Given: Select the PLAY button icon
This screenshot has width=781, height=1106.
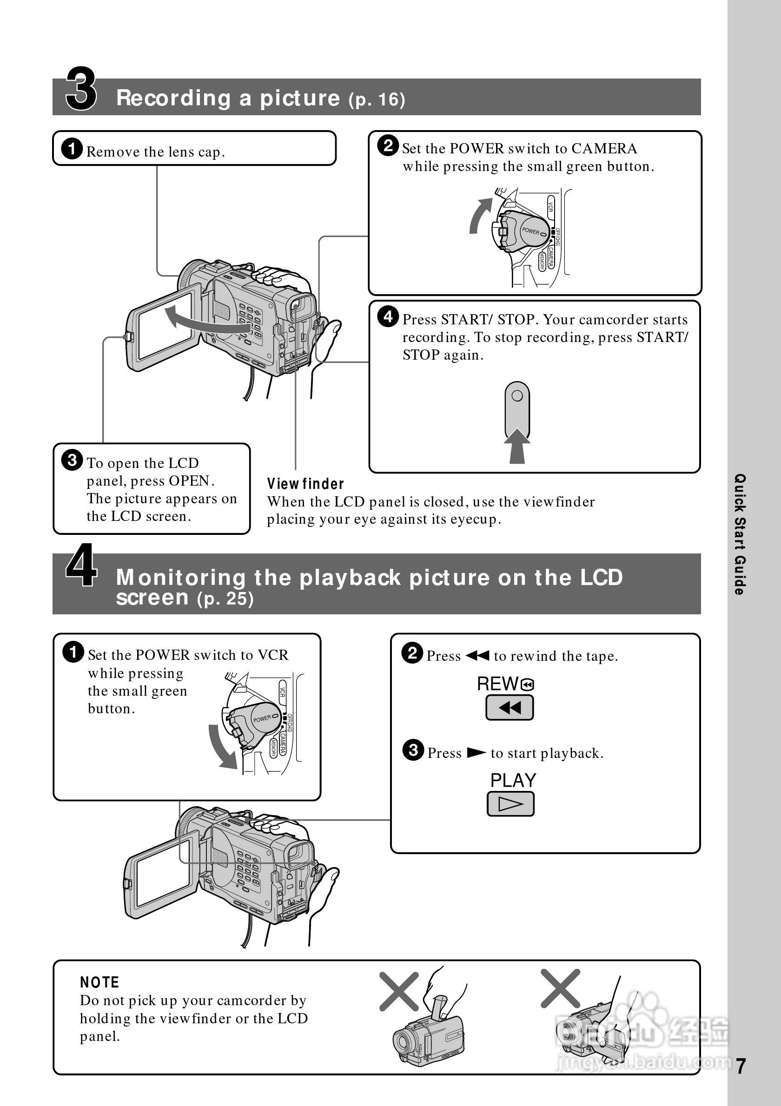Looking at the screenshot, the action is coord(511,804).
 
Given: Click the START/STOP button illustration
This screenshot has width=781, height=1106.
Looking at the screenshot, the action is coord(517,409).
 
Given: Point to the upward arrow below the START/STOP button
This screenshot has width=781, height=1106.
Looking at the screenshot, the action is coord(517,446).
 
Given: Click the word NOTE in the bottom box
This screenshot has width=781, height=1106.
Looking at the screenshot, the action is coord(99,982).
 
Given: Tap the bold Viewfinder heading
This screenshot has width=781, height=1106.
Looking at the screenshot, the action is coord(305,484).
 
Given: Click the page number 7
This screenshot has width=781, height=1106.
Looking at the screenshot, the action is coord(741,1066).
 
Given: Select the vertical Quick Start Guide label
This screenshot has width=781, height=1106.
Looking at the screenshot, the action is coord(740,534).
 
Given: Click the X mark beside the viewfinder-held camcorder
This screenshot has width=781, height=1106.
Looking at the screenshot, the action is coord(399,991).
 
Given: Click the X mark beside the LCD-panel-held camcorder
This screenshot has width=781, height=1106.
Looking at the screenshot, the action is coord(560,988).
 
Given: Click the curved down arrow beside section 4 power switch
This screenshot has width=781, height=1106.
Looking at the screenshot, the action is coord(222,747).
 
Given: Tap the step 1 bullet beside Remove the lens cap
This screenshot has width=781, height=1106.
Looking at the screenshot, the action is coord(72,148).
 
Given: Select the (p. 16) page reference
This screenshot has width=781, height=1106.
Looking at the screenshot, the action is coord(377,99).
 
